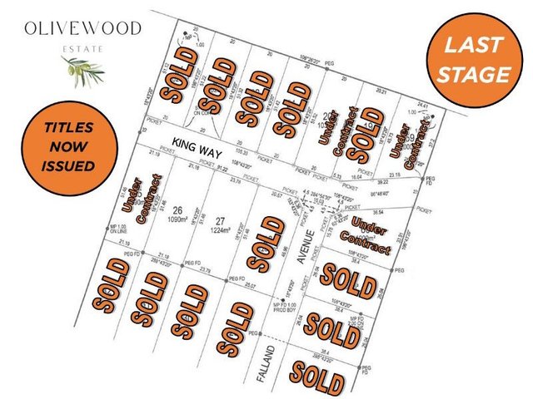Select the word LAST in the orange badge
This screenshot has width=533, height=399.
[471, 47]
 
